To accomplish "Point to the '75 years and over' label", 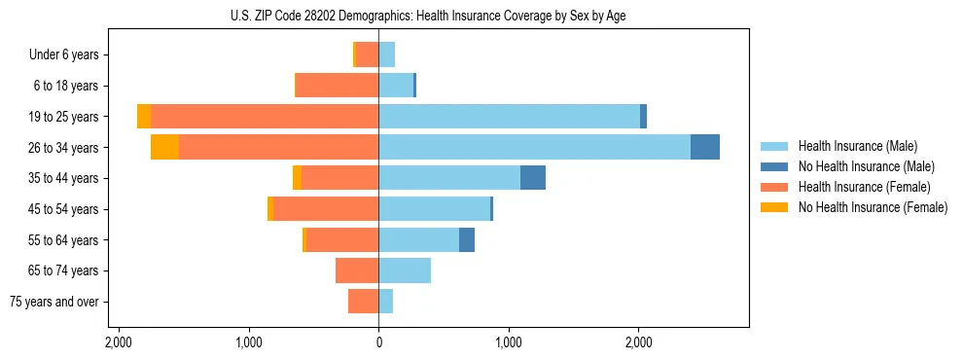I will pos(54,302).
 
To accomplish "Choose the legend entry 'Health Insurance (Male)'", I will pos(857,146).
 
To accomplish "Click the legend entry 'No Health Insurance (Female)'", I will pos(873,207).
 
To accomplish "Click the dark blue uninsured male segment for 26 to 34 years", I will pos(705,147).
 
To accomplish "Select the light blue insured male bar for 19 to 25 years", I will pos(509,117).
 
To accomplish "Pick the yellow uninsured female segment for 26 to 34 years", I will pos(164,147).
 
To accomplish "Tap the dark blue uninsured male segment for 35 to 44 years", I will pos(533,178).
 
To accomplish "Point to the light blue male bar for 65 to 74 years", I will pos(405,270).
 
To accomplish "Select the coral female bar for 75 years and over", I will pos(363,302).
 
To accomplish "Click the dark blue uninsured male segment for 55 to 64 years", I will pos(467,239).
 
